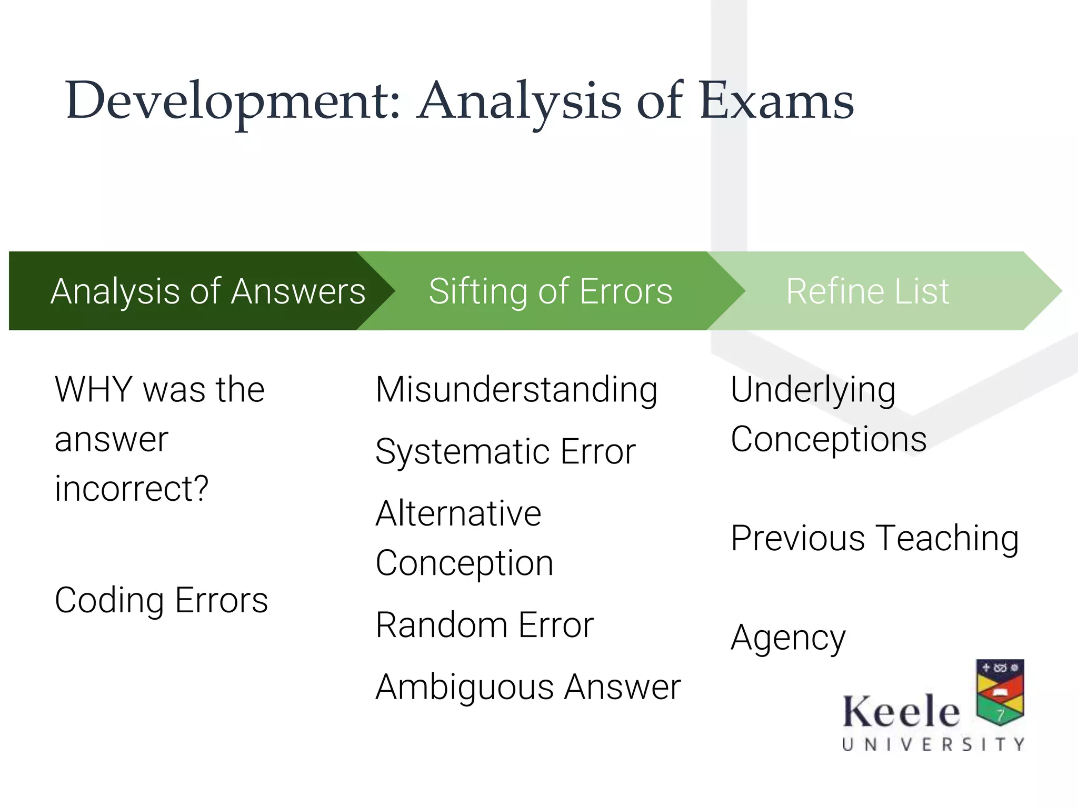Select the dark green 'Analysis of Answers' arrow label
[208, 291]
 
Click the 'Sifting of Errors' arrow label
[551, 291]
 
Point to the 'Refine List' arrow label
[867, 291]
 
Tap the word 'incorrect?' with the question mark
[132, 489]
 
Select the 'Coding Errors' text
[161, 601]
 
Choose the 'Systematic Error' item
[505, 452]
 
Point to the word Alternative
[458, 513]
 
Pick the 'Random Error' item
[484, 625]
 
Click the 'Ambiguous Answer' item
[528, 687]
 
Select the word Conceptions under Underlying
[829, 439]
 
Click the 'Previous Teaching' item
[875, 538]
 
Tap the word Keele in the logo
[901, 711]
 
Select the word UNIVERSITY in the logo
[933, 744]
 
